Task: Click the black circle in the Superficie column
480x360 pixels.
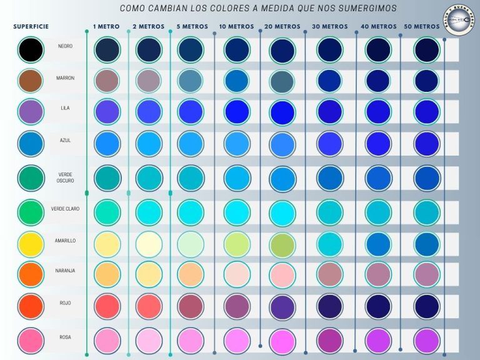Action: (x=31, y=49)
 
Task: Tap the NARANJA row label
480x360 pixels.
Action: (x=65, y=271)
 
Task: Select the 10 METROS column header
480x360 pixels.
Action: (x=236, y=27)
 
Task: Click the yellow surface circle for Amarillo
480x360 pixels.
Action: (x=31, y=244)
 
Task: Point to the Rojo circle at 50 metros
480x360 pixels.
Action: (x=427, y=305)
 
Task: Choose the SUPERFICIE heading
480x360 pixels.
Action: (x=31, y=27)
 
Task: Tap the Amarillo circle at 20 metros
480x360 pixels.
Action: (x=282, y=244)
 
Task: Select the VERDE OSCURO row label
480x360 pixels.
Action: (x=65, y=177)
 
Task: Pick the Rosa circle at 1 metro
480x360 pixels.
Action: (x=107, y=341)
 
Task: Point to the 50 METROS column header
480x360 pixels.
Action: (x=422, y=27)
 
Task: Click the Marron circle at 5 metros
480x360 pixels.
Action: (x=191, y=81)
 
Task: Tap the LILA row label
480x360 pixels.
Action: (x=65, y=108)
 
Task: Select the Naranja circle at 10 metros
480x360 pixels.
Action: (x=237, y=274)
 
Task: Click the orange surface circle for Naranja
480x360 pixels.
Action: (x=31, y=274)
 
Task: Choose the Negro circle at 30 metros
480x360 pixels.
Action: (x=329, y=49)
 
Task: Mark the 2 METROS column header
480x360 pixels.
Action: (x=148, y=27)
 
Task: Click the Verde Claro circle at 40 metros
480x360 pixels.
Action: (x=378, y=212)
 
